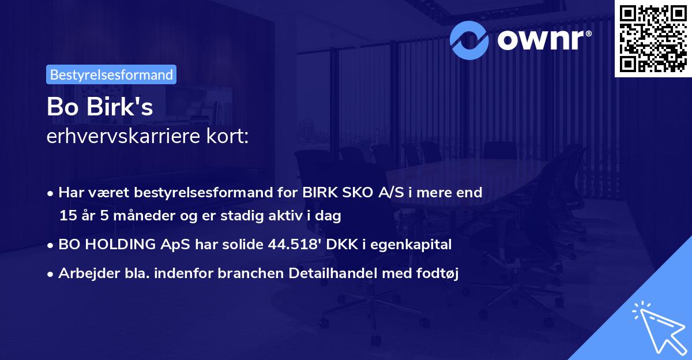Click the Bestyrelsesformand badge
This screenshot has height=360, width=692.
[111, 74]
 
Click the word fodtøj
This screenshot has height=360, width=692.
[438, 273]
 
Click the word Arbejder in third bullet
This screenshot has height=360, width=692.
[84, 273]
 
